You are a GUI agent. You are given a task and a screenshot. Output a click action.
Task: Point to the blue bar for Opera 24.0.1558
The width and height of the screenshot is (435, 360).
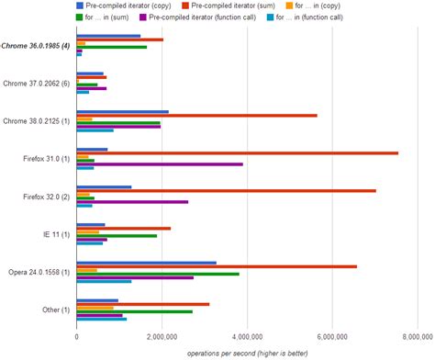tap(146, 262)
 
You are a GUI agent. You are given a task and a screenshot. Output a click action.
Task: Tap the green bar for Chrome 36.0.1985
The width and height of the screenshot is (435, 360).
tap(111, 47)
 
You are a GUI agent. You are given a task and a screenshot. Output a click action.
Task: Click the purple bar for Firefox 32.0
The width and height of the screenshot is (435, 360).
tap(132, 202)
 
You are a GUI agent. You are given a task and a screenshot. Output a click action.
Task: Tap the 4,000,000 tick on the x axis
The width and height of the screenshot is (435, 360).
tap(246, 337)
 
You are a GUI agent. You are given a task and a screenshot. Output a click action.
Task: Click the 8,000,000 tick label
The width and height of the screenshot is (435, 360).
tap(416, 337)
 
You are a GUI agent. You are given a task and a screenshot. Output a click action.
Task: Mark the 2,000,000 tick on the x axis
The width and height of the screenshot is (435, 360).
tap(162, 337)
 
